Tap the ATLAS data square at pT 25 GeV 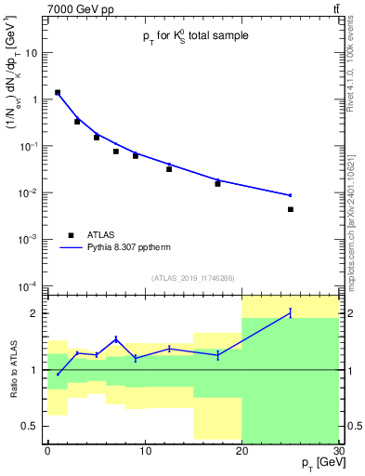pos(291,209)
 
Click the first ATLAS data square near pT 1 pos(58,93)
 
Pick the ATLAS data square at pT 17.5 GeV pos(217,183)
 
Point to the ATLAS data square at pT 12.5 pos(169,168)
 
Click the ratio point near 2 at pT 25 pos(291,313)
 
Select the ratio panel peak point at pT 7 pos(115,338)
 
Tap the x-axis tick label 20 pos(241,451)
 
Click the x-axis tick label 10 pos(144,451)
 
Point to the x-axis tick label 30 pos(337,451)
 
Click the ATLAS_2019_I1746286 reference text pos(192,278)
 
